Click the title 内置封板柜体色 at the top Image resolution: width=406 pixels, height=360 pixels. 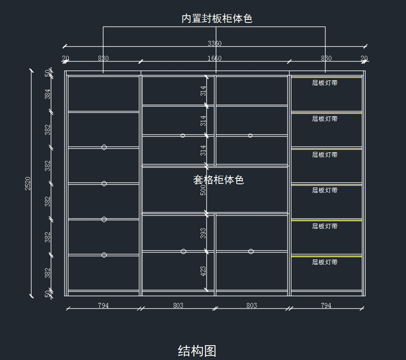tap(217, 18)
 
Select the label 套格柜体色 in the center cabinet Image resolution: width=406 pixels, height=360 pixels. tap(219, 180)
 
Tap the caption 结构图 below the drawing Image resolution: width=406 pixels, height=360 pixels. tap(197, 351)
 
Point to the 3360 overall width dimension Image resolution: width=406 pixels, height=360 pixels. tap(215, 43)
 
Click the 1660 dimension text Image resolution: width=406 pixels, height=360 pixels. tap(215, 58)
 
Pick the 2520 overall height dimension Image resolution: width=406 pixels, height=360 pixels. tap(28, 183)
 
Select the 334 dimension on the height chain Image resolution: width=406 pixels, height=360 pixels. tap(48, 94)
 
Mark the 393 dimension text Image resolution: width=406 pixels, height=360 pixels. tap(203, 233)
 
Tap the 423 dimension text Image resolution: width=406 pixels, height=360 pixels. tap(203, 271)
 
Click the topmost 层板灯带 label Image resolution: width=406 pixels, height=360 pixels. tap(324, 83)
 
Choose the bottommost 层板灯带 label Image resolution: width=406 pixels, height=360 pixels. tap(324, 262)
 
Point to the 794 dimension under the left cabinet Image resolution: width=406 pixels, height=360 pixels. tap(103, 306)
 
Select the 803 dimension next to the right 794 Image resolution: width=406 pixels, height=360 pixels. tap(251, 306)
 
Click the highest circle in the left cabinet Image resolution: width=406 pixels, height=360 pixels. tap(104, 147)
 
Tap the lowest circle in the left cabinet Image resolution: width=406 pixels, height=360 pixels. tap(104, 255)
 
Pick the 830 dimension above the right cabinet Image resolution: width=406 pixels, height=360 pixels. tap(326, 58)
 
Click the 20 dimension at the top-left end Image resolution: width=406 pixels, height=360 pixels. tap(66, 58)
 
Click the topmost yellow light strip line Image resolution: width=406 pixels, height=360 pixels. tap(326, 78)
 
